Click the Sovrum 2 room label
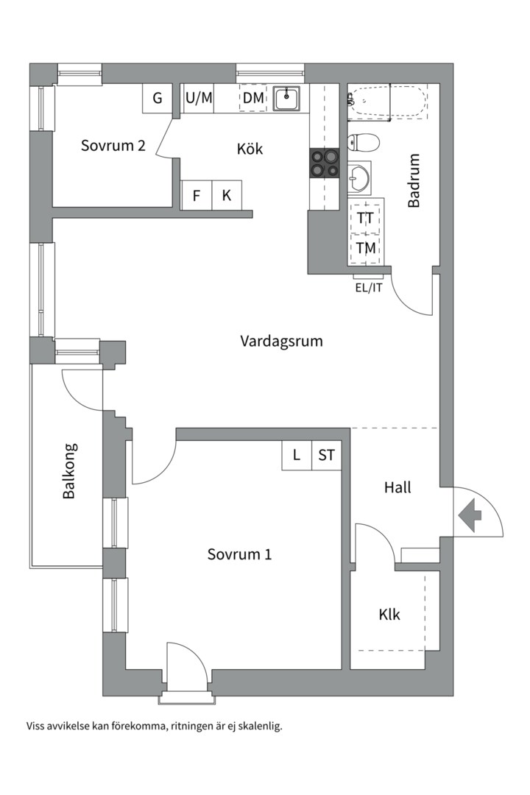(113, 146)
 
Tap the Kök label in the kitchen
(250, 149)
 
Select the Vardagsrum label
(281, 341)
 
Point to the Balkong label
(70, 471)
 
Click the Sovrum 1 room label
(239, 554)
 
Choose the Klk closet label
(389, 615)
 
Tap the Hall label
(397, 488)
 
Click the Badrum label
(414, 180)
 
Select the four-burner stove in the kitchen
(324, 163)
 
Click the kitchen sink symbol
(287, 99)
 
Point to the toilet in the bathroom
(363, 143)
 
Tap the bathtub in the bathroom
(387, 102)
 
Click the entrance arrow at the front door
(470, 515)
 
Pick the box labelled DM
(253, 98)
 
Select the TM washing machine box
(365, 249)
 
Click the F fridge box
(197, 195)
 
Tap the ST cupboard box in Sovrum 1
(327, 456)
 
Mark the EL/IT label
(369, 288)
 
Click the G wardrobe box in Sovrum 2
(158, 99)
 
